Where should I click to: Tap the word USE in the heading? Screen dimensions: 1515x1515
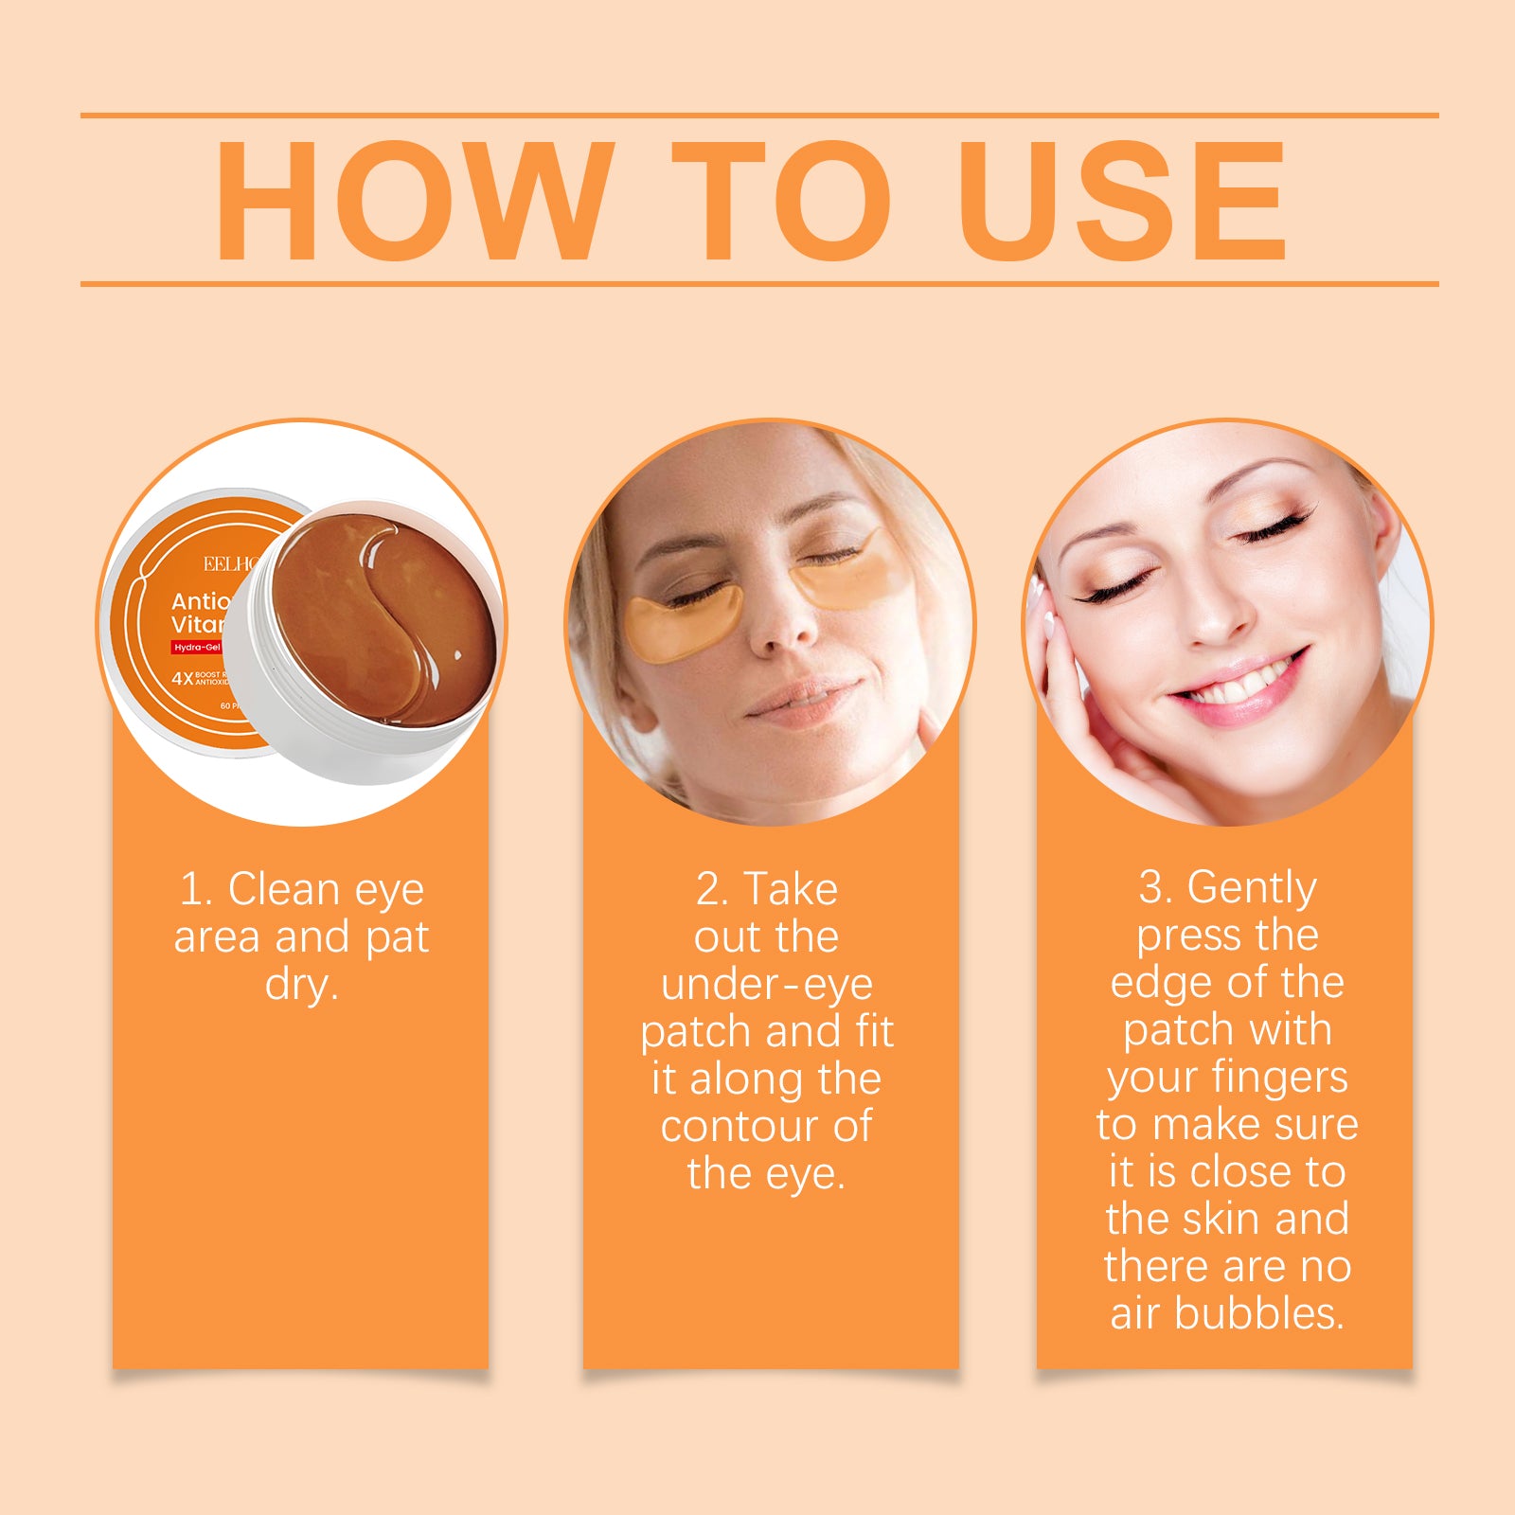[x=1122, y=201]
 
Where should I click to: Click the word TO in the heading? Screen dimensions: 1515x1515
[x=781, y=201]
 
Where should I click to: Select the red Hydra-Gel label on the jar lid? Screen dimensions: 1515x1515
[x=197, y=648]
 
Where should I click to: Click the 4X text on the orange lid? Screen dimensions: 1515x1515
[x=182, y=678]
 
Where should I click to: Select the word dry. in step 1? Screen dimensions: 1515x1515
[x=301, y=985]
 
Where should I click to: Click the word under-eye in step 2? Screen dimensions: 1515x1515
[x=766, y=985]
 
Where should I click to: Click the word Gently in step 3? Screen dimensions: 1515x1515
[x=1252, y=888]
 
